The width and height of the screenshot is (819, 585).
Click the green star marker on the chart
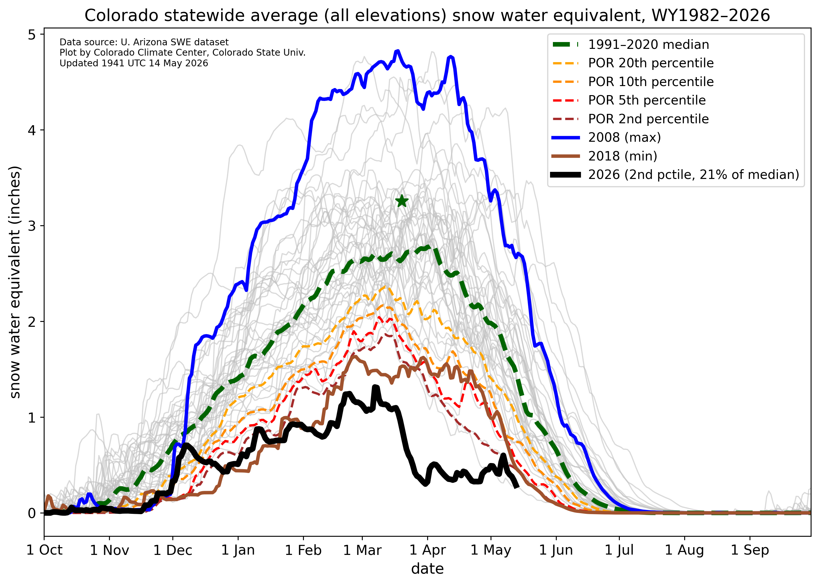tap(402, 201)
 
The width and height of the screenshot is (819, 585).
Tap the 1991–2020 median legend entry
tap(631, 44)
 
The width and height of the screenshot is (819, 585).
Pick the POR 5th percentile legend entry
tap(629, 100)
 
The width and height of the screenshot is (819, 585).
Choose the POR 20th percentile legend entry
tap(633, 63)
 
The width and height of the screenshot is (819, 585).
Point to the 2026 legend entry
tap(675, 175)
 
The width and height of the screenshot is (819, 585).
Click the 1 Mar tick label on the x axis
tap(362, 550)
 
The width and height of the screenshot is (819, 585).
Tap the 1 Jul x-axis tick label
tap(619, 550)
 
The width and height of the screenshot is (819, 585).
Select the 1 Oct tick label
tap(44, 550)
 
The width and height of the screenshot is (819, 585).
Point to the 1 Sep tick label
tap(750, 550)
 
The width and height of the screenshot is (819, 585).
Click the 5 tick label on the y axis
tap(32, 35)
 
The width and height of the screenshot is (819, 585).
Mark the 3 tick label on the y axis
tap(32, 226)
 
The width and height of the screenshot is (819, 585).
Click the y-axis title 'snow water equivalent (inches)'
tap(15, 282)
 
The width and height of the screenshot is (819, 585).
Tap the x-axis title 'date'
tap(427, 569)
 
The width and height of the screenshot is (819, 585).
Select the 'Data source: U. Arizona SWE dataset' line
tap(144, 42)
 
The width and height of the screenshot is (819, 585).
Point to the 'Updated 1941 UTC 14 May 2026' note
tap(134, 63)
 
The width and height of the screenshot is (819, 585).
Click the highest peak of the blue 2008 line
tap(397, 51)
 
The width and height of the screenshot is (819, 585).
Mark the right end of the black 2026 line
tap(517, 487)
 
